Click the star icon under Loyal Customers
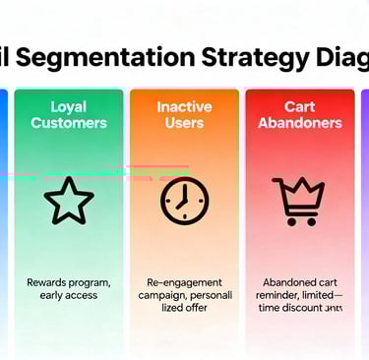pos(69,201)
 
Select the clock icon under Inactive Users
pos(184,201)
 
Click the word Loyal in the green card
pos(69,106)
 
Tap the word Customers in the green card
pos(69,123)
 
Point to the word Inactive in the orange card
pos(184,106)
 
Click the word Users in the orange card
pos(184,123)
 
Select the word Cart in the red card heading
pos(299,106)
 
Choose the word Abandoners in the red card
pos(299,123)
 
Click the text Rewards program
pos(69,282)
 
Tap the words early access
pos(69,295)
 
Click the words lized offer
pos(184,308)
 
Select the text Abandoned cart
pos(299,282)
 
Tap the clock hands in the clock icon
pos(183,198)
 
